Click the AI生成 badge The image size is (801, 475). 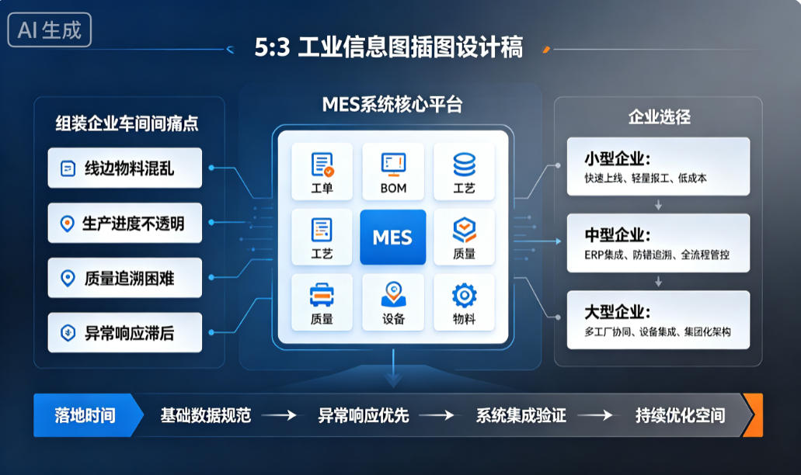[x=50, y=29]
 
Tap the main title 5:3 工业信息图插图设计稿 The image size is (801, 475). [x=388, y=47]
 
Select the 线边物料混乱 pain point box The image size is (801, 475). [x=124, y=168]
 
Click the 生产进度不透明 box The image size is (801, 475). [x=124, y=223]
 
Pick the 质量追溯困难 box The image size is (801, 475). [x=124, y=278]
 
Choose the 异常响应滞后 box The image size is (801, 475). [x=124, y=333]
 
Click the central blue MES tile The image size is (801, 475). [x=393, y=237]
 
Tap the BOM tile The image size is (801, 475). [x=393, y=172]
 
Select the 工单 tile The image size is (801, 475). [x=322, y=172]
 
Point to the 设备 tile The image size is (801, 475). [x=393, y=303]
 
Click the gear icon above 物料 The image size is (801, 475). [x=465, y=296]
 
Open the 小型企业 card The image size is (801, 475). [x=659, y=166]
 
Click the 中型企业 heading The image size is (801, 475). [x=618, y=235]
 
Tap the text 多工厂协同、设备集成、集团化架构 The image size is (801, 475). [x=657, y=332]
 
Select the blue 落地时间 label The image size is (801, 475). [x=85, y=415]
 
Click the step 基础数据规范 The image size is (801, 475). [x=206, y=415]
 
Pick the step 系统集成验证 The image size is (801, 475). [x=521, y=415]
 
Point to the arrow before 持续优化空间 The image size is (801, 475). [x=595, y=415]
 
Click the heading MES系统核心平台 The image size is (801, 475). [x=392, y=105]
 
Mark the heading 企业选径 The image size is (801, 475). [x=659, y=117]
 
